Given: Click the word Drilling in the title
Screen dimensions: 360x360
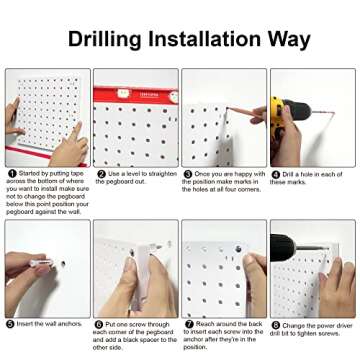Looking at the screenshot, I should coord(109,40).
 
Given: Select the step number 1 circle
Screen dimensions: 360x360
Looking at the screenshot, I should coord(11,173).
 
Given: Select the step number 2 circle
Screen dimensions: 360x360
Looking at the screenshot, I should coord(99,173).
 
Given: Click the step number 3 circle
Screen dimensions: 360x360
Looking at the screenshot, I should coord(187,173).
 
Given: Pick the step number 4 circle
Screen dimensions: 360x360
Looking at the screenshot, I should coord(275,173).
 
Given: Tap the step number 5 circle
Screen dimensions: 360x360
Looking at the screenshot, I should coord(11,324).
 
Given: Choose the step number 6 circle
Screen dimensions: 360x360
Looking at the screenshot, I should coord(99,324).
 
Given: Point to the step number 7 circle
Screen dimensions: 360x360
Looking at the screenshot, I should coord(187,324).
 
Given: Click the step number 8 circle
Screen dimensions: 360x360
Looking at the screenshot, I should coord(275,324).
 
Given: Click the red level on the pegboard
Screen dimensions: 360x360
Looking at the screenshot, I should coord(135,93).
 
